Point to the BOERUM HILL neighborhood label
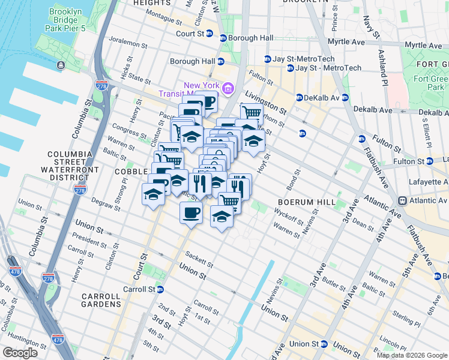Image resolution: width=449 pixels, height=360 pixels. point(307,202)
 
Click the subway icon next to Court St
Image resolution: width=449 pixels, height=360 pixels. point(209,34)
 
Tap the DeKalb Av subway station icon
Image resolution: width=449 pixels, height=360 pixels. point(299,98)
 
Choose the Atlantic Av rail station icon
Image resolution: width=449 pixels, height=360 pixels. point(404,200)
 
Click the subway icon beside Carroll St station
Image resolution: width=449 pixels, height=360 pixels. point(160,289)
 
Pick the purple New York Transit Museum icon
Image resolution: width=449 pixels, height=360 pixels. point(228,89)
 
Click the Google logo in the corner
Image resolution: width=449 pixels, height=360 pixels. point(20,353)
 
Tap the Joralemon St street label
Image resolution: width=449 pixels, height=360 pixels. point(128,44)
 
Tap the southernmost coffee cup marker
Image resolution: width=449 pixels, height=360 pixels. point(191,213)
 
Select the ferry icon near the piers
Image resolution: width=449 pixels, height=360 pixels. point(61,65)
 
